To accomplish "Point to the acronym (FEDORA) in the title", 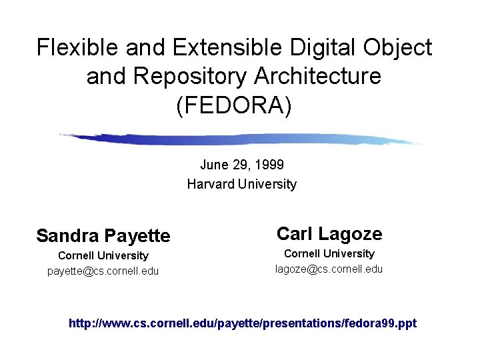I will click(x=234, y=105).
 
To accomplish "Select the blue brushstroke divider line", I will click(x=240, y=139).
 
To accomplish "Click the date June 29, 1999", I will click(x=242, y=164).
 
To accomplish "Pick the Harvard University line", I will click(x=241, y=184).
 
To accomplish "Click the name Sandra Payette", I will click(x=103, y=235).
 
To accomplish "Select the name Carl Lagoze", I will click(x=329, y=233).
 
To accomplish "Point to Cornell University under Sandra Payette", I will click(x=103, y=255).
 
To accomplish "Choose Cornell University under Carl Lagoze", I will click(x=329, y=253).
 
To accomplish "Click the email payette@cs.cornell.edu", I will click(x=103, y=271).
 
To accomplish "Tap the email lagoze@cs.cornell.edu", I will click(x=329, y=269).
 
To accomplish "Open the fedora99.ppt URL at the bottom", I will click(x=243, y=323).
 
